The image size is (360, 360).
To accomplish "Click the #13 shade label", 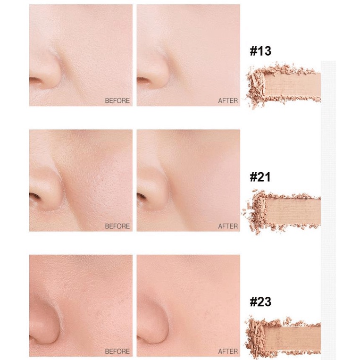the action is [x=260, y=51].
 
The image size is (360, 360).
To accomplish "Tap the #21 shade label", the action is [x=260, y=177].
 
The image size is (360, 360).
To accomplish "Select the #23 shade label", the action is [x=260, y=301].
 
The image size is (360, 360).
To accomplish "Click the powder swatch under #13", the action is [x=283, y=85].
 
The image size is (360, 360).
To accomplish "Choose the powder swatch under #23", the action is [x=283, y=336].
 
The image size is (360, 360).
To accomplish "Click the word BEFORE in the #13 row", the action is [x=117, y=100].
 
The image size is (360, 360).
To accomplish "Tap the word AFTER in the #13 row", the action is [x=228, y=100].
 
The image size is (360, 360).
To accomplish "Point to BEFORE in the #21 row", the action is [x=117, y=226].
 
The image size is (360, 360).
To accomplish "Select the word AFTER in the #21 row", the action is [x=228, y=226].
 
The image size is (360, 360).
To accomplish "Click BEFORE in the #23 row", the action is [x=117, y=352].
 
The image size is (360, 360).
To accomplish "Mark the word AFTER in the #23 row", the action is [x=228, y=352].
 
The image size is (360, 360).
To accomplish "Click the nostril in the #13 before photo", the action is [x=35, y=80].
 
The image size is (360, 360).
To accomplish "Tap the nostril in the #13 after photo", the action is [x=143, y=80].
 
